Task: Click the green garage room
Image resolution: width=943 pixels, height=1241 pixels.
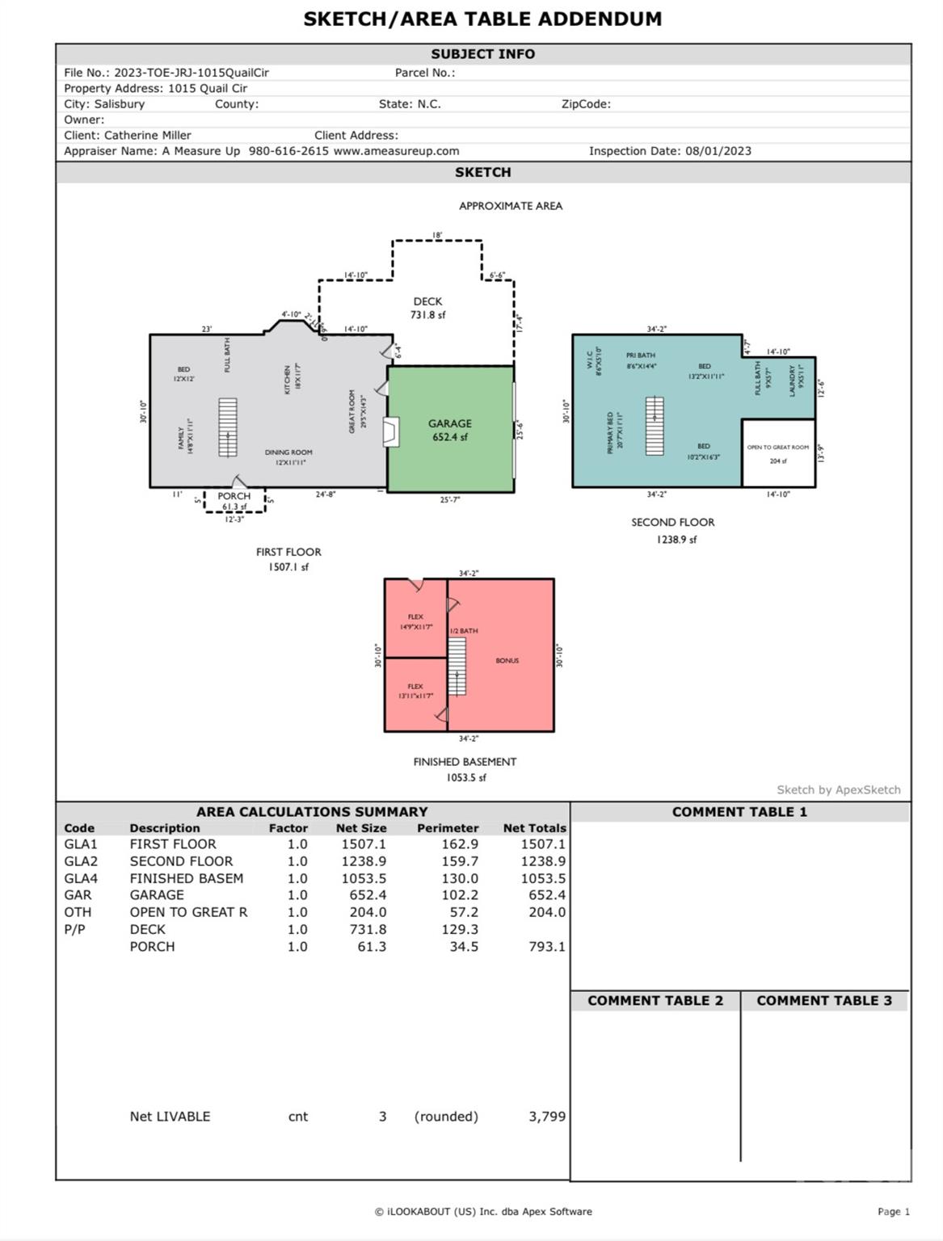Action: (450, 430)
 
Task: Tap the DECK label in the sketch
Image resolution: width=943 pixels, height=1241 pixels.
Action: (427, 301)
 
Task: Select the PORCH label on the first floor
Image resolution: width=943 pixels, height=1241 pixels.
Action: (234, 496)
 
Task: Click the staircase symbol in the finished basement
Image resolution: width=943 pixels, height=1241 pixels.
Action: (457, 667)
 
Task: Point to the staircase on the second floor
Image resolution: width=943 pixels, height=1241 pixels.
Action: (654, 426)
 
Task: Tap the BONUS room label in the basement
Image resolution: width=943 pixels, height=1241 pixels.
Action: (507, 661)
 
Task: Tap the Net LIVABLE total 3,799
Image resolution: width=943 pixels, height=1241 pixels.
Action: (546, 1117)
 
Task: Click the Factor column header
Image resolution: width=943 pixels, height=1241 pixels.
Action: (288, 828)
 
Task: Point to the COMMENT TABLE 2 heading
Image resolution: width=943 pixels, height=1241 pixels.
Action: (655, 1000)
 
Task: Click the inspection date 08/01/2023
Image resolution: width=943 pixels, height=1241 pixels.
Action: (718, 151)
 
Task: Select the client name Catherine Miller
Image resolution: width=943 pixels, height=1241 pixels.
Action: (148, 136)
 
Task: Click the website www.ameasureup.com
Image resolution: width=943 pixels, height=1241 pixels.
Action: (396, 151)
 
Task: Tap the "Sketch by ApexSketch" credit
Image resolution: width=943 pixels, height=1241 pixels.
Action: (838, 790)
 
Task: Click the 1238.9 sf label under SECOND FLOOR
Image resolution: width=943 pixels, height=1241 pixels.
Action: (676, 540)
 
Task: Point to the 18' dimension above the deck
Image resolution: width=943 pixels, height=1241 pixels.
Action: (436, 235)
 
